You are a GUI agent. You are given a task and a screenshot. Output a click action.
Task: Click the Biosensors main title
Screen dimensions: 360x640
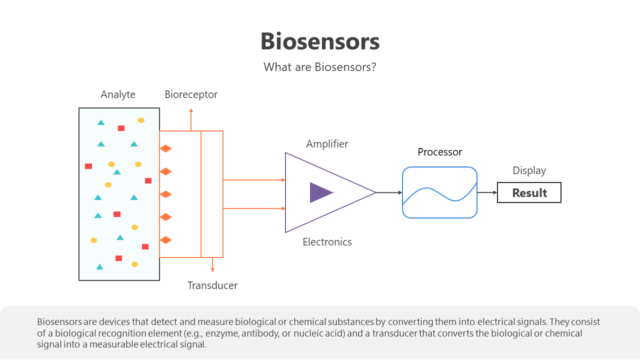(320, 41)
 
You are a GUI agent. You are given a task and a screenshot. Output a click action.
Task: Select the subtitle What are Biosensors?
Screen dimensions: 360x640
(320, 67)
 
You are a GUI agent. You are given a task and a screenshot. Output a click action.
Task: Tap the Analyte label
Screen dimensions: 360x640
(118, 94)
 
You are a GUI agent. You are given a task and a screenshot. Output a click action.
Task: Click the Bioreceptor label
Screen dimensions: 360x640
(191, 94)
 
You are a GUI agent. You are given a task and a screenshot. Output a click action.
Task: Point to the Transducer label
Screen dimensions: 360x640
(212, 285)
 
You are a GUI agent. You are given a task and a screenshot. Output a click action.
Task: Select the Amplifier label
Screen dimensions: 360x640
(327, 144)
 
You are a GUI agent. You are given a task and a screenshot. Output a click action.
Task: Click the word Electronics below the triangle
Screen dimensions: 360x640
(327, 242)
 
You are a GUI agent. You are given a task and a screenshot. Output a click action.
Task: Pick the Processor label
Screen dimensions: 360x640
(439, 152)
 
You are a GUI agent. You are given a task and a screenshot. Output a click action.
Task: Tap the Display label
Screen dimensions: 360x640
(529, 170)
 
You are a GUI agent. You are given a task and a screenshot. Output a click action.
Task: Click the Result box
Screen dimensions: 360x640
(529, 192)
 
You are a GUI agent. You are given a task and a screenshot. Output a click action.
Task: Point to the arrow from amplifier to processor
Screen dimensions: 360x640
(389, 192)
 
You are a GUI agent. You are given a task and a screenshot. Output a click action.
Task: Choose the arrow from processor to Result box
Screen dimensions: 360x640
(487, 192)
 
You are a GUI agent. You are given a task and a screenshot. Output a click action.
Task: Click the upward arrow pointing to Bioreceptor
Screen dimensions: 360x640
(191, 120)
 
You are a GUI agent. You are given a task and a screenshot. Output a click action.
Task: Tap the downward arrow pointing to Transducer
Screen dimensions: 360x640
(212, 265)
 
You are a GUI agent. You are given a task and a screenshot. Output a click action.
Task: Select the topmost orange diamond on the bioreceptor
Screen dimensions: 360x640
(165, 148)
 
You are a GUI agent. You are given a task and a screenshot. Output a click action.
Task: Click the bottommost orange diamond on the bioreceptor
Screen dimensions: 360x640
(165, 240)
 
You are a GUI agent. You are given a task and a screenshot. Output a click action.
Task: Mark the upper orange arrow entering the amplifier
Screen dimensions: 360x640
(254, 179)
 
